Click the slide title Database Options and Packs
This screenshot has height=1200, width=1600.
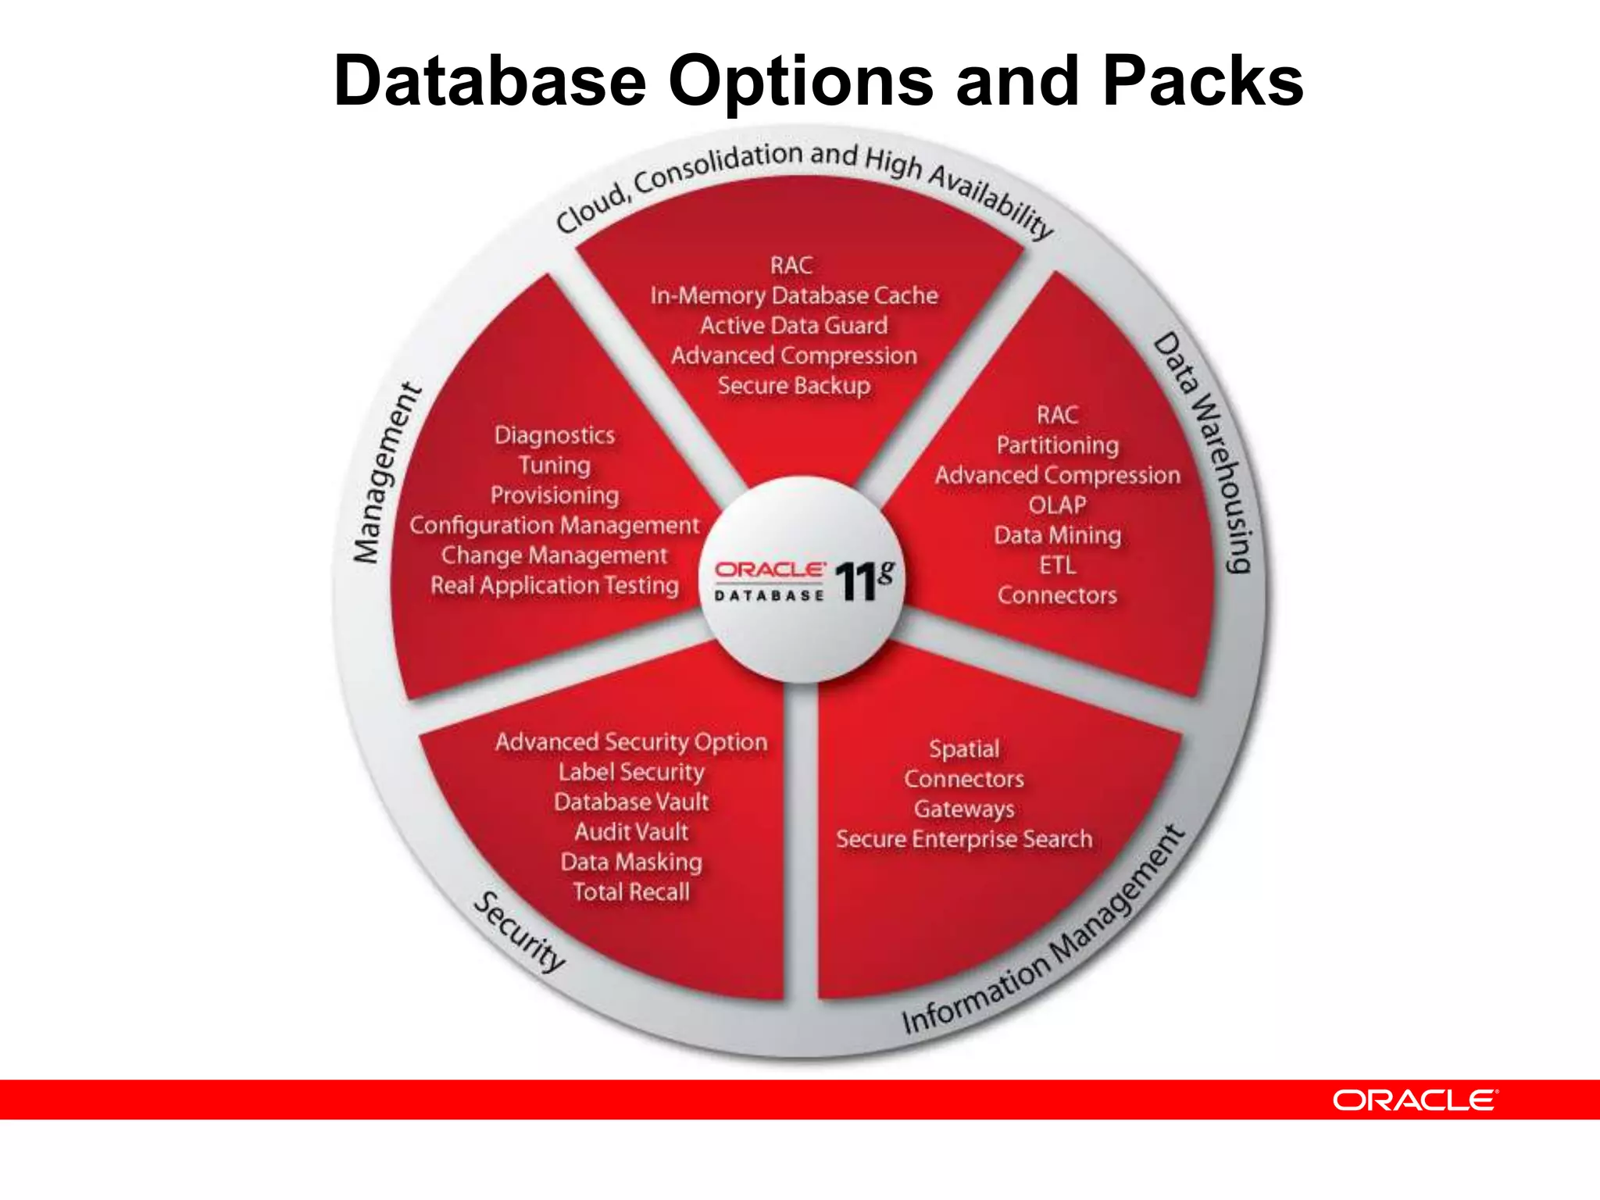(818, 81)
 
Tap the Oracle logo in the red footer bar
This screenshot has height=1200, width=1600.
(1415, 1100)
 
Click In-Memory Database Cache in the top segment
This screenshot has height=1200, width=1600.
(794, 295)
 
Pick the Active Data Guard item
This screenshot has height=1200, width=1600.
(794, 325)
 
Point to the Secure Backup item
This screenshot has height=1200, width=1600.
(794, 385)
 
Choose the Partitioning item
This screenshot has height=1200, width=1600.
(1057, 445)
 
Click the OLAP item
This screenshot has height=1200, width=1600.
(1057, 505)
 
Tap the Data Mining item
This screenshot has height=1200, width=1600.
(1057, 535)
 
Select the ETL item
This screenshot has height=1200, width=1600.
(1057, 565)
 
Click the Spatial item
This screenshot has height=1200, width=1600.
(964, 748)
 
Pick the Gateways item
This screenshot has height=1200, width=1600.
(964, 809)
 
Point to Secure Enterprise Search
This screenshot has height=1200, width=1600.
(964, 839)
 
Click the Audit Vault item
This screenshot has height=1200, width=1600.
(631, 832)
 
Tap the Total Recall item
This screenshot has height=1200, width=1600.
(631, 892)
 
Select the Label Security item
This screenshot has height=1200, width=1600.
(631, 772)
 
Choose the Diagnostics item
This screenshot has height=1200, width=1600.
(555, 435)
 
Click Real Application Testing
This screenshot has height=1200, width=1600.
(555, 585)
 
